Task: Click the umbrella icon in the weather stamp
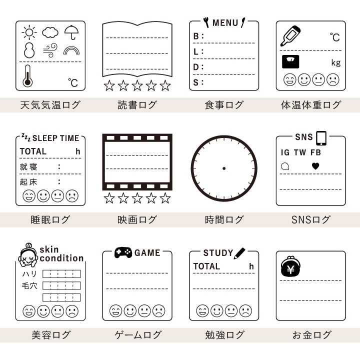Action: [71, 32]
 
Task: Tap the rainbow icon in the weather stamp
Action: [71, 49]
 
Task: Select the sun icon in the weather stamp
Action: [29, 33]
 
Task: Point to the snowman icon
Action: [29, 50]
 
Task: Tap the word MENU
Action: [225, 22]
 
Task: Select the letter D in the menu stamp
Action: [196, 67]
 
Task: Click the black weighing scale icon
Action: [290, 62]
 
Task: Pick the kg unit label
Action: [335, 62]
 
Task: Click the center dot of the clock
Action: [223, 168]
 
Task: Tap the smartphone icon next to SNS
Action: [321, 137]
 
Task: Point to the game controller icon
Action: [123, 252]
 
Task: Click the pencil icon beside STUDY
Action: [239, 252]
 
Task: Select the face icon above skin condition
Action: [28, 255]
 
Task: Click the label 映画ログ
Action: [137, 219]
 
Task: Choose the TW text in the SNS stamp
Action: [300, 152]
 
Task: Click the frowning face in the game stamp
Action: [158, 311]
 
